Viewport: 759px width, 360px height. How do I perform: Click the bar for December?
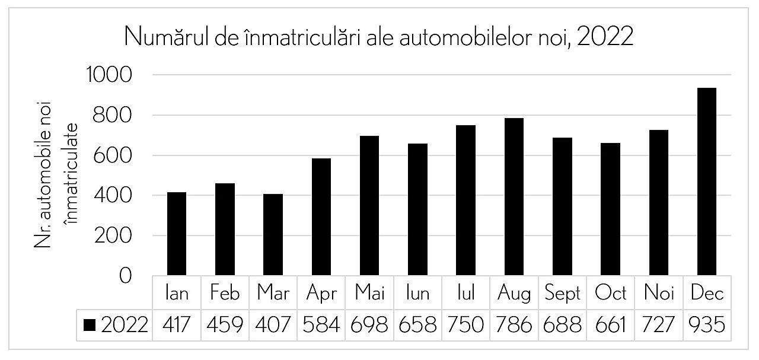pyautogui.click(x=706, y=181)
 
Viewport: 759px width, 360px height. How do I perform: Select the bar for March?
pyautogui.click(x=273, y=234)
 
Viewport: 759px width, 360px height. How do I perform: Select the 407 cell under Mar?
pyautogui.click(x=273, y=325)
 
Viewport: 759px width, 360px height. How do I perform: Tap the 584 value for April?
pyautogui.click(x=322, y=325)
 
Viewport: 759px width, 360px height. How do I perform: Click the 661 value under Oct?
pyautogui.click(x=610, y=325)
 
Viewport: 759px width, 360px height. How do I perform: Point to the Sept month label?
pyautogui.click(x=562, y=294)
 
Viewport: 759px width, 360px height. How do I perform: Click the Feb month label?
pyautogui.click(x=225, y=294)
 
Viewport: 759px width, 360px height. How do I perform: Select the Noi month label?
pyautogui.click(x=658, y=294)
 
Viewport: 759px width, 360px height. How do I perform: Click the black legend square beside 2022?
pyautogui.click(x=90, y=325)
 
